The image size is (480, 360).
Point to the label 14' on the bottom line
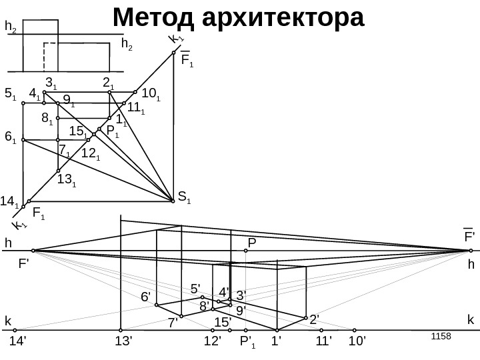point(19,343)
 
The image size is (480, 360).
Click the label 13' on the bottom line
point(124,343)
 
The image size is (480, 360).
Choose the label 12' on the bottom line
point(213,343)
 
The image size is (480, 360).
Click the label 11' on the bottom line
point(324,343)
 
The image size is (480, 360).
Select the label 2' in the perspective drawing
point(315,319)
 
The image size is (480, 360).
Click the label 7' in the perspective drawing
point(173,323)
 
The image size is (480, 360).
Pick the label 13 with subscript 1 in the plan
point(67,179)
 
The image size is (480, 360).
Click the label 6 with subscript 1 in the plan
point(11,137)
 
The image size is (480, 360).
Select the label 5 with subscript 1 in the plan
point(11,94)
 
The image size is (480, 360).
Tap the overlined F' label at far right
point(469,236)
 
